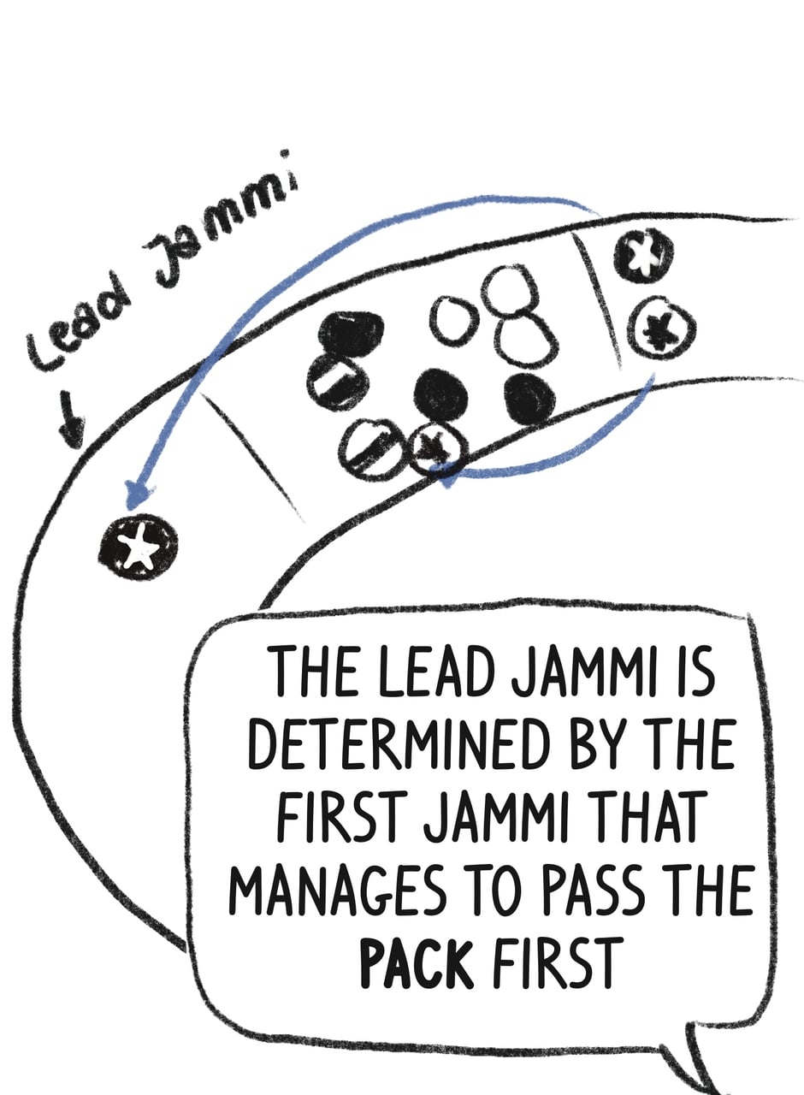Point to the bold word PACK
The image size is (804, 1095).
417,960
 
